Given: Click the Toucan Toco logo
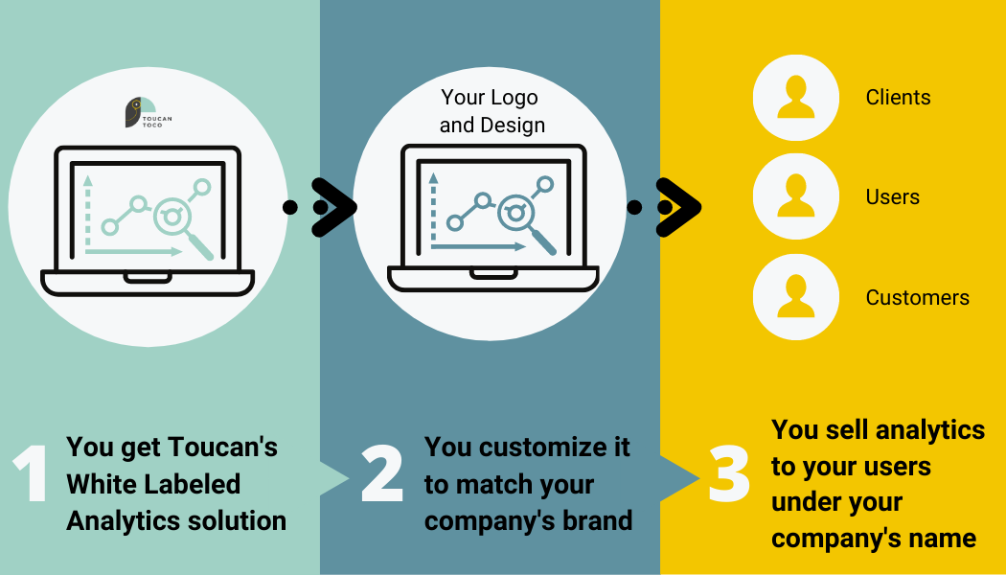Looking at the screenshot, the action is [x=149, y=112].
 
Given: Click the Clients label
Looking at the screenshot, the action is [x=898, y=98].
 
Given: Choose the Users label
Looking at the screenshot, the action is [x=892, y=197].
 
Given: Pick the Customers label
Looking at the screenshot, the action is [x=918, y=298].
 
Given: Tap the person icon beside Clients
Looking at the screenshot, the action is [x=795, y=98].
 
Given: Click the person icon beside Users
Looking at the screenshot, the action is [x=795, y=196].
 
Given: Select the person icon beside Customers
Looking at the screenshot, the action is [x=795, y=296].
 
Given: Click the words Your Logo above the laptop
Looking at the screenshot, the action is [x=490, y=98].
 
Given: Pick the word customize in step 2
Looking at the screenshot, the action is [x=546, y=447].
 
